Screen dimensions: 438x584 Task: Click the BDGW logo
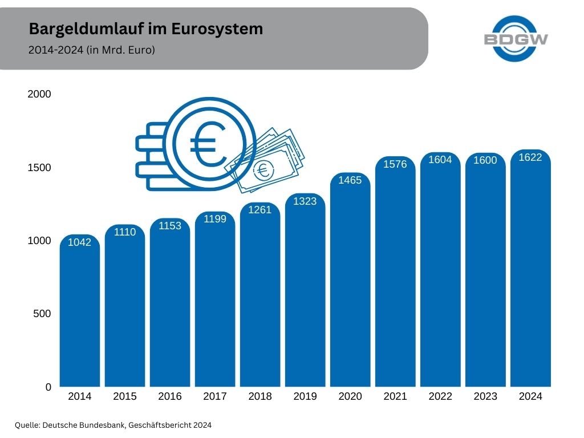(x=516, y=38)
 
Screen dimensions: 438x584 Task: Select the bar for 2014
(x=80, y=314)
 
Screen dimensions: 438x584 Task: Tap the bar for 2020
(x=350, y=285)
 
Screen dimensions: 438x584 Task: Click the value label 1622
(x=530, y=157)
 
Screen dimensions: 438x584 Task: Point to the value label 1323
(x=305, y=201)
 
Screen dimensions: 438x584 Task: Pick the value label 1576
(x=395, y=164)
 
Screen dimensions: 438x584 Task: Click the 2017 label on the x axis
(x=215, y=396)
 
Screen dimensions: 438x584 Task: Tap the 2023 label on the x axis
(x=485, y=396)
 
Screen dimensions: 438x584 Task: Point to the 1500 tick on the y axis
(x=39, y=168)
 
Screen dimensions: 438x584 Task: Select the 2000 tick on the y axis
(x=39, y=94)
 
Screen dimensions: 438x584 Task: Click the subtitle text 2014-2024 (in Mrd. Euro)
(x=92, y=50)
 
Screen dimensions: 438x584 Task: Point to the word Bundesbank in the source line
(x=102, y=425)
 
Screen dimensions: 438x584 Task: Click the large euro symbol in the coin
(x=206, y=144)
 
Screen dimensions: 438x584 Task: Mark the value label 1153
(x=170, y=226)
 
